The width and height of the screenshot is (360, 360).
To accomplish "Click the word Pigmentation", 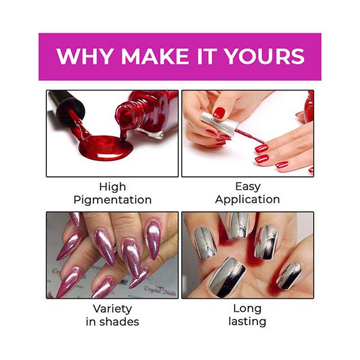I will tap(112, 200).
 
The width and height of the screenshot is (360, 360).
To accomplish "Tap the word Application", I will tap(247, 200).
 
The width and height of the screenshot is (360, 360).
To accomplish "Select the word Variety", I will tap(112, 308).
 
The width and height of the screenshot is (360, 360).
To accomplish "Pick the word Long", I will tap(247, 308).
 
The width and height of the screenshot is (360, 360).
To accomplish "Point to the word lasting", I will tap(247, 322).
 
